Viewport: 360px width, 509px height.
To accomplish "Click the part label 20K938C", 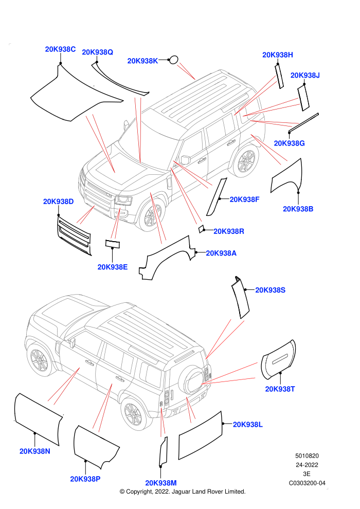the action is tap(60, 49).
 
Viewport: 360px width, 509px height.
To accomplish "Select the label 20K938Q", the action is tap(97, 52).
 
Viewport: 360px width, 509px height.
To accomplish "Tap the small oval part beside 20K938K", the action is tap(174, 60).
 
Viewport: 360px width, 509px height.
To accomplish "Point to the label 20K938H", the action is tap(278, 55).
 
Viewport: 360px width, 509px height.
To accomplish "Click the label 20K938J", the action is tap(305, 75).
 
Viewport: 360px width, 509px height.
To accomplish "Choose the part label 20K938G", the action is tap(289, 143).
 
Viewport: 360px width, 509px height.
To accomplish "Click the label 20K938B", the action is tap(298, 209).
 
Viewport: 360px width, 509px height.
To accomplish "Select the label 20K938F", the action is tap(244, 199).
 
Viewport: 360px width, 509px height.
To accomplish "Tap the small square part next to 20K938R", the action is tap(201, 229).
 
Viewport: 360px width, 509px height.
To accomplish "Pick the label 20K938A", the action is tap(221, 253).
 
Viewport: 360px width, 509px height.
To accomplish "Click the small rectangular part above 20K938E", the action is tap(112, 244).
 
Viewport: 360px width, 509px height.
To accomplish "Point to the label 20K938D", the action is tap(59, 202).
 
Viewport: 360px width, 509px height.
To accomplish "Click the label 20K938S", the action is tap(270, 290).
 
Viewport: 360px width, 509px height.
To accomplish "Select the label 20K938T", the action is tap(280, 389).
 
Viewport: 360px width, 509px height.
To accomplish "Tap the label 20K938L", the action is tap(248, 425).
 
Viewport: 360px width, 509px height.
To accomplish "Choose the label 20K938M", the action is tap(160, 483).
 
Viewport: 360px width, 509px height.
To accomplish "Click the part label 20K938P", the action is tap(85, 479).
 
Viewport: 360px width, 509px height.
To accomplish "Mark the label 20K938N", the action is tap(35, 451).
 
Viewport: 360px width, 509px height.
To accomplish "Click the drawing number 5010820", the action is tap(307, 456).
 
